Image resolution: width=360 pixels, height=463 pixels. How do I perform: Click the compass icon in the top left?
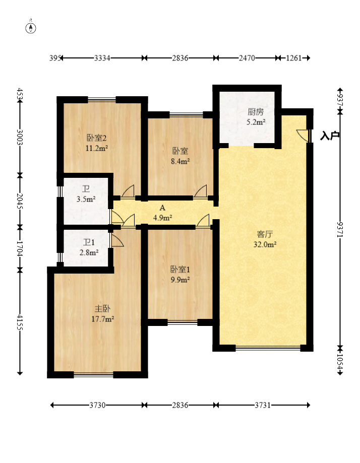(31, 28)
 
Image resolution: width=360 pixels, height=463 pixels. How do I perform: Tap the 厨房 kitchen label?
(256, 112)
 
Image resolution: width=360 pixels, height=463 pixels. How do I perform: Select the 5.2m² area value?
(256, 121)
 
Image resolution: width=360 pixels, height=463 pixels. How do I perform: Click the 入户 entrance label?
(330, 136)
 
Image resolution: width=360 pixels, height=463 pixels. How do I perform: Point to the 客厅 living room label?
(265, 234)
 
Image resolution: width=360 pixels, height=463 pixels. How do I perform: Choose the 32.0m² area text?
(265, 244)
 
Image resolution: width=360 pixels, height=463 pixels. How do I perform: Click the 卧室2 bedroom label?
(97, 138)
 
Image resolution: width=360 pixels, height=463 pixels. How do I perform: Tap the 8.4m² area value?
(181, 161)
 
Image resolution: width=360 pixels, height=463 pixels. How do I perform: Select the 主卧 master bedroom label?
(102, 309)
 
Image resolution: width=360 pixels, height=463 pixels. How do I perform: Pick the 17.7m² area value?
(103, 319)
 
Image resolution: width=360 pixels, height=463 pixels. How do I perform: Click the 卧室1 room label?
(181, 270)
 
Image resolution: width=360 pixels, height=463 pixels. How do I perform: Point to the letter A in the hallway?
(162, 208)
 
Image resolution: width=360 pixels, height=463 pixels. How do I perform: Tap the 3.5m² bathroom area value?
(86, 199)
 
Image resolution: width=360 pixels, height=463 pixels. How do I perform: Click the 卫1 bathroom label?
(89, 242)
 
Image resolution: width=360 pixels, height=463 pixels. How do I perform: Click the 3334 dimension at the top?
(102, 58)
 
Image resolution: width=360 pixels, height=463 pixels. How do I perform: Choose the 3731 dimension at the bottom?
(263, 405)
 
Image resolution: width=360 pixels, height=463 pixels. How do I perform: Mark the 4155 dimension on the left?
(20, 322)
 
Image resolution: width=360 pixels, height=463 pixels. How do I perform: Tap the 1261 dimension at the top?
(294, 58)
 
